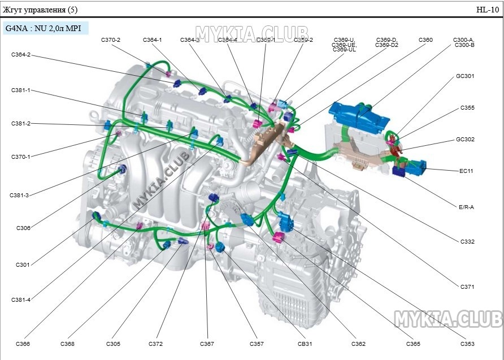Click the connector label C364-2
[21, 55]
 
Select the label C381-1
[21, 90]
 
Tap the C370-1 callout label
[21, 157]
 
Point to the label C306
[23, 228]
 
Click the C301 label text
[23, 264]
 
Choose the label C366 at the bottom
[23, 344]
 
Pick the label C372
[155, 344]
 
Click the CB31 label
[305, 344]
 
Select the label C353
[467, 344]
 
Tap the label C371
[467, 287]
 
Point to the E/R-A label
[466, 207]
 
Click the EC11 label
[467, 171]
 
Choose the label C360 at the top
[425, 40]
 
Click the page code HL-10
[487, 10]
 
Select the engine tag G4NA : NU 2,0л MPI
[44, 28]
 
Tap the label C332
[467, 242]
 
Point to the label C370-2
[111, 40]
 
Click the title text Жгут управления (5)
[41, 10]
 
